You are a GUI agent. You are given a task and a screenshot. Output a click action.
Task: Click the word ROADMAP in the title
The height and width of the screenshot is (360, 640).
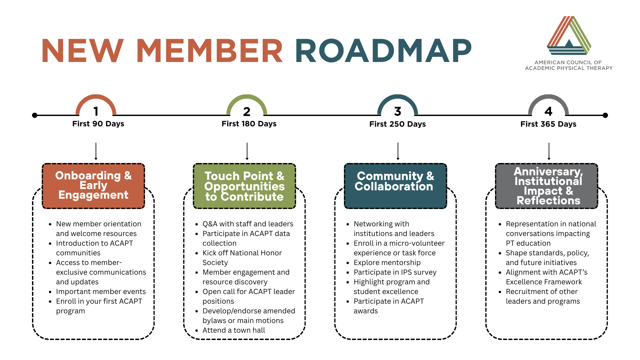[x=383, y=51]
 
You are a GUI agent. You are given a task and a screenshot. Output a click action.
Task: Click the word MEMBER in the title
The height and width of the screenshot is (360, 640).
[x=210, y=51]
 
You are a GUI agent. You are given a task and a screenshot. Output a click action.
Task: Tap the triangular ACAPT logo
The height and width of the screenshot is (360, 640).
[x=569, y=36]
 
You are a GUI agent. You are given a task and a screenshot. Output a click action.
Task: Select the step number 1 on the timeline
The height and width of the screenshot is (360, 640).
[x=96, y=111]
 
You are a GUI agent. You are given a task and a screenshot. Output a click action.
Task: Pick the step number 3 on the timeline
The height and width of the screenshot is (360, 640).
[x=398, y=111]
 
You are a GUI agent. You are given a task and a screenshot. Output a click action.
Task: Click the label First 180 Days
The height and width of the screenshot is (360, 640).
[x=249, y=124]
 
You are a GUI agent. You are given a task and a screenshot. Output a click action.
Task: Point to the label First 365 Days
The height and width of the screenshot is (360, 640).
[x=548, y=124]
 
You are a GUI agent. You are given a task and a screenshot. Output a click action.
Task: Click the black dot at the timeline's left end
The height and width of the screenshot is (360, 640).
[x=35, y=115]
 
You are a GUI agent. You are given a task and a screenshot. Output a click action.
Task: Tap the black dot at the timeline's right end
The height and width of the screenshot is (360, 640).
[x=605, y=115]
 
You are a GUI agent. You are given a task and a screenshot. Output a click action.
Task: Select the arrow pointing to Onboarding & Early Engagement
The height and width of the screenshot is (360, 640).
[x=96, y=151]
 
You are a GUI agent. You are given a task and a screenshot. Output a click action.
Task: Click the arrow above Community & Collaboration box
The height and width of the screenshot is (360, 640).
[x=398, y=151]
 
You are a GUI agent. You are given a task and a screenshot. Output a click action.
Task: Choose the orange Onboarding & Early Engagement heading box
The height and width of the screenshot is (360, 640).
[x=93, y=186]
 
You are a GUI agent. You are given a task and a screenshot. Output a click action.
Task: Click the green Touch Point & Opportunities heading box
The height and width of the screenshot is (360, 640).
[x=244, y=186]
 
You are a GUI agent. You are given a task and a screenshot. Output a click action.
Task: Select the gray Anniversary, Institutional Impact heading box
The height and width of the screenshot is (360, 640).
[x=547, y=186]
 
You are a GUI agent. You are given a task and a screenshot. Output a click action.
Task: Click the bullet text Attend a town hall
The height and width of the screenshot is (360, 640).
[x=234, y=330]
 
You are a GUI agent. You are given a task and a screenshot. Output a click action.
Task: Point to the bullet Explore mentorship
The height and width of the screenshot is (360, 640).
[x=387, y=263]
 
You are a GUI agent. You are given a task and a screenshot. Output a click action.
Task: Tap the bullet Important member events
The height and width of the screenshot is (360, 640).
[x=101, y=292]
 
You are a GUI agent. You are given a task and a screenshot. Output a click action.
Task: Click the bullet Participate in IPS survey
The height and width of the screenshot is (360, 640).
[x=395, y=272]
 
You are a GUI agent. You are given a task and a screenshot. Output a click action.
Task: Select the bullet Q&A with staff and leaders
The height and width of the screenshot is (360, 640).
[x=248, y=224]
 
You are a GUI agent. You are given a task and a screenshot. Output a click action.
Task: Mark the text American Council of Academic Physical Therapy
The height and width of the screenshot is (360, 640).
[x=569, y=65]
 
